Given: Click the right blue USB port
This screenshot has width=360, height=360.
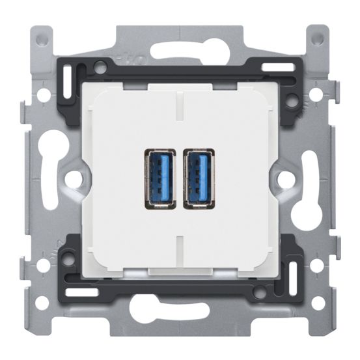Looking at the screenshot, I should pyautogui.click(x=197, y=179).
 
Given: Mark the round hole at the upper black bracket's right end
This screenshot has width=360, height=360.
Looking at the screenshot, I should pyautogui.click(x=292, y=101).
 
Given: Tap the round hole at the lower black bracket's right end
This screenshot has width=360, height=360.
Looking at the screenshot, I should pyautogui.click(x=260, y=293).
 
